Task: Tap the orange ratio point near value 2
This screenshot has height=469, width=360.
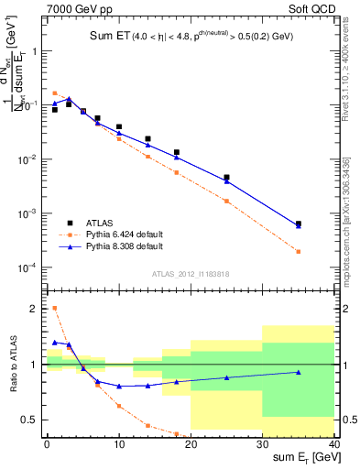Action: tap(55, 308)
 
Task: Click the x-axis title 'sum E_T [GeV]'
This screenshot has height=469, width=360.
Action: tap(302, 456)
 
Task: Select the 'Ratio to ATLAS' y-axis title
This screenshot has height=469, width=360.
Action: tap(12, 364)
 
